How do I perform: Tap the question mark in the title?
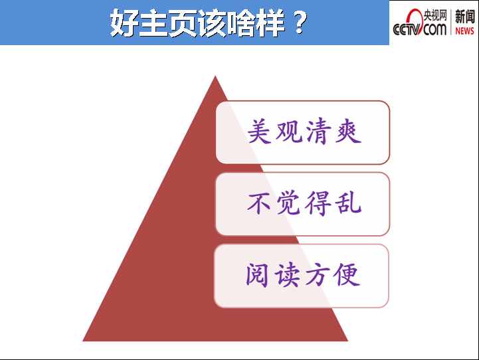click(x=300, y=23)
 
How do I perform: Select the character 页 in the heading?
click(x=182, y=23)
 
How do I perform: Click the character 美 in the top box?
click(x=259, y=132)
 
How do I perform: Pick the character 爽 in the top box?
click(x=349, y=132)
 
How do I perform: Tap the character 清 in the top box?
click(x=319, y=132)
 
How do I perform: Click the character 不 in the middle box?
click(x=259, y=203)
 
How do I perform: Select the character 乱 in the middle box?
click(x=349, y=203)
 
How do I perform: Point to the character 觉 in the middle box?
click(x=289, y=203)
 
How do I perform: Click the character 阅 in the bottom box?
click(x=257, y=275)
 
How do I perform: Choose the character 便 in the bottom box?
click(x=347, y=275)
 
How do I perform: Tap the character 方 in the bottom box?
click(x=318, y=275)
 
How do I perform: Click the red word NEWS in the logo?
click(x=464, y=31)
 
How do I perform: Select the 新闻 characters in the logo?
click(x=464, y=17)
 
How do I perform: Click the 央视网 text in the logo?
click(x=435, y=15)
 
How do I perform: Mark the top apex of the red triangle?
click(x=215, y=76)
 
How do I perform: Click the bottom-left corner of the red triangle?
click(x=83, y=341)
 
